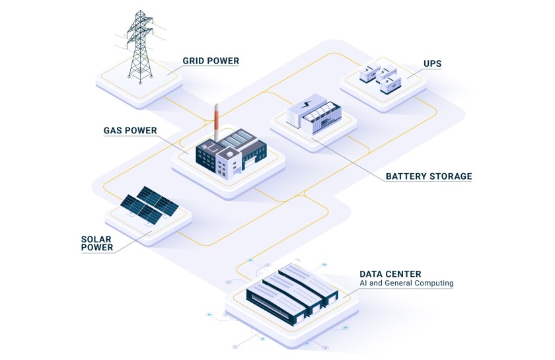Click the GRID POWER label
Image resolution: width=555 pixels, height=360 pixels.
coord(211,61)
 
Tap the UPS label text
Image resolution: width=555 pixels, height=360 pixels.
coord(432,64)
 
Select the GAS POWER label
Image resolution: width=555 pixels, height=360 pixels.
coord(130,130)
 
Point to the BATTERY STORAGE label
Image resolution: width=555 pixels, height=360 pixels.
coord(429,176)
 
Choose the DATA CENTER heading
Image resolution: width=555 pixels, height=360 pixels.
coord(390,273)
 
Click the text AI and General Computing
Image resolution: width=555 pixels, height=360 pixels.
coord(406,283)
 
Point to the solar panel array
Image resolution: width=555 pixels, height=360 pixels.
coord(149,203)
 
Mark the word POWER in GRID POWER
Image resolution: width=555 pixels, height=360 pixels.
coord(223,61)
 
